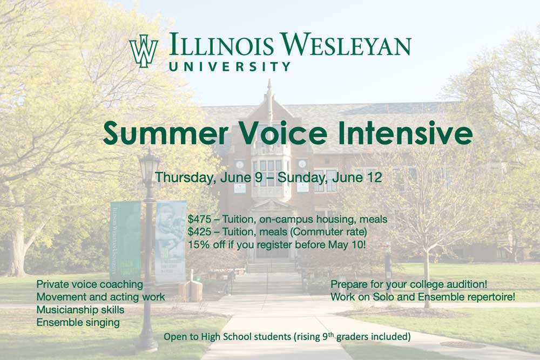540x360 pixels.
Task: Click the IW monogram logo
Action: [144, 51]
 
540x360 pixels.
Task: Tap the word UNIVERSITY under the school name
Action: [230, 66]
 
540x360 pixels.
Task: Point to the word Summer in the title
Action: [166, 133]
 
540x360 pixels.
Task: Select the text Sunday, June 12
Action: [330, 178]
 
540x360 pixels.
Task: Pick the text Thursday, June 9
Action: [203, 178]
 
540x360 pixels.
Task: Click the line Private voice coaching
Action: [90, 284]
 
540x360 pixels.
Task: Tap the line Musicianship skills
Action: [80, 310]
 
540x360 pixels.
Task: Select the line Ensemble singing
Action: [78, 323]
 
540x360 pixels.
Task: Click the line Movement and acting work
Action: [100, 297]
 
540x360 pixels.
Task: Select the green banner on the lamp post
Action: [125, 241]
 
